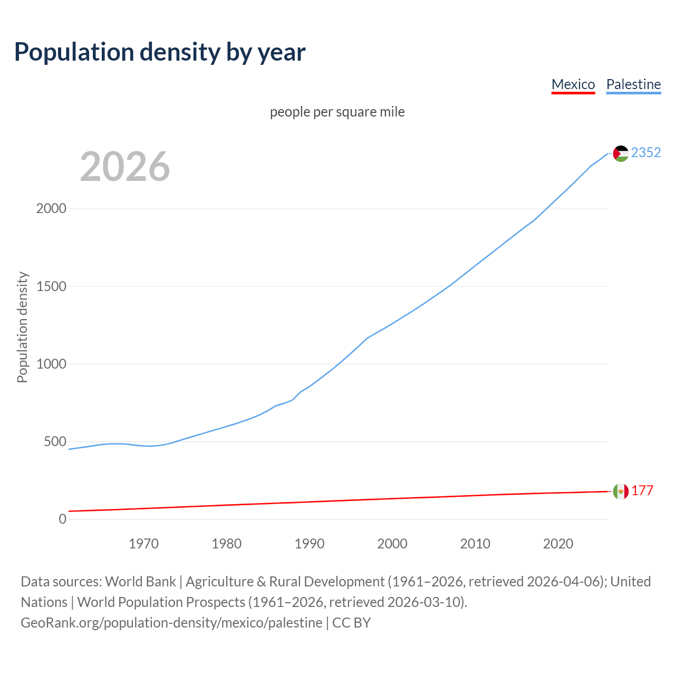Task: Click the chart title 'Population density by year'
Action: pos(160,52)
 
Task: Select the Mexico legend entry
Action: pos(573,84)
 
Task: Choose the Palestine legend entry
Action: pos(633,84)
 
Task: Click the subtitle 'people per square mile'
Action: pos(337,112)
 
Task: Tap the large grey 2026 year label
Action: pos(125,166)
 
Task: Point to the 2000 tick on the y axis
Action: pos(51,208)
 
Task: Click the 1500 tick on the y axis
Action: pos(51,286)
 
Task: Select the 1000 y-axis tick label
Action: pos(51,364)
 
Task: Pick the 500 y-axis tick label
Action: pos(55,441)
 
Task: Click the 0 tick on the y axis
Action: pos(63,519)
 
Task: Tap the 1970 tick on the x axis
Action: pos(143,544)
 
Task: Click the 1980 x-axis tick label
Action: pos(226,544)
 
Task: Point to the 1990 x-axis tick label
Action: pos(310,544)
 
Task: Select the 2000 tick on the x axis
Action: pos(392,544)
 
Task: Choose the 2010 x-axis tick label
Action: pos(475,544)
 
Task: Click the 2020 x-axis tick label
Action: pos(558,544)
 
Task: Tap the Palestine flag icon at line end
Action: pos(621,153)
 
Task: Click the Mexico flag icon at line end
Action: pos(621,491)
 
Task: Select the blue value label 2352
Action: pos(646,152)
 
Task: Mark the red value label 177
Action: pos(642,490)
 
